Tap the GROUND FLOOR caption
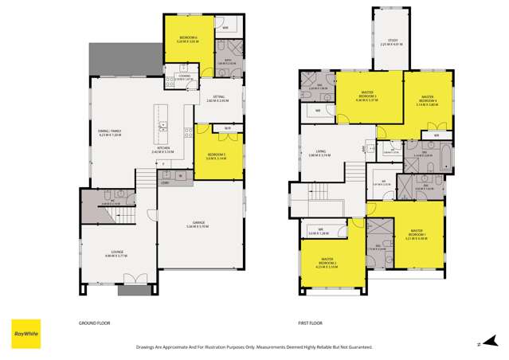click(93, 323)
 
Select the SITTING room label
click(217, 100)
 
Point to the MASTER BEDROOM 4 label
click(430, 100)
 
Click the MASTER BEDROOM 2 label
click(333, 262)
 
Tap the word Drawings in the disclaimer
click(149, 348)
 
